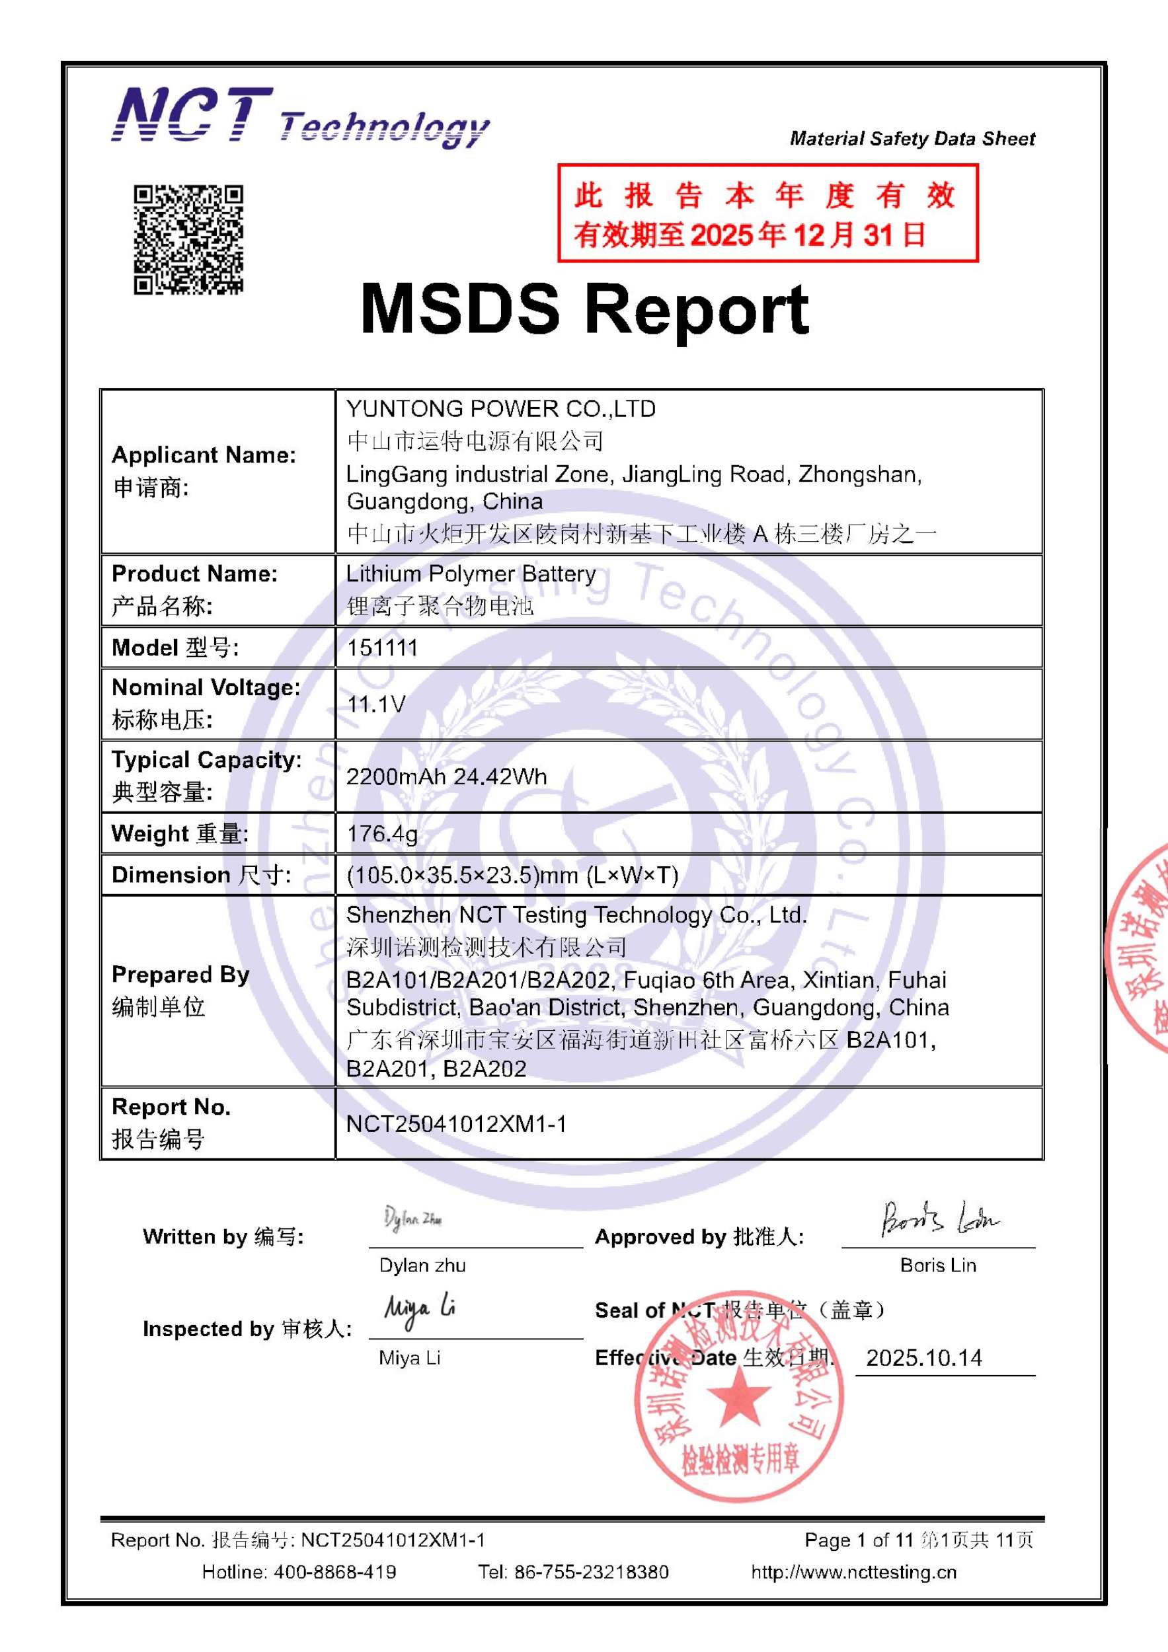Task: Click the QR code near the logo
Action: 188,240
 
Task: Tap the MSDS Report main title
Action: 584,309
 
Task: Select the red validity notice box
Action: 767,213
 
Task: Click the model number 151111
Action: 382,648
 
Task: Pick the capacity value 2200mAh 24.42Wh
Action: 446,776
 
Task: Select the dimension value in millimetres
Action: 512,875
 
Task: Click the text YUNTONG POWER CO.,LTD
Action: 501,408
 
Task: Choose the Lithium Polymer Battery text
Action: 471,574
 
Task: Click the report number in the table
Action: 456,1123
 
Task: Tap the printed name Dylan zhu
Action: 422,1265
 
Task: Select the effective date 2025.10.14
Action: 924,1358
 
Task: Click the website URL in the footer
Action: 853,1571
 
